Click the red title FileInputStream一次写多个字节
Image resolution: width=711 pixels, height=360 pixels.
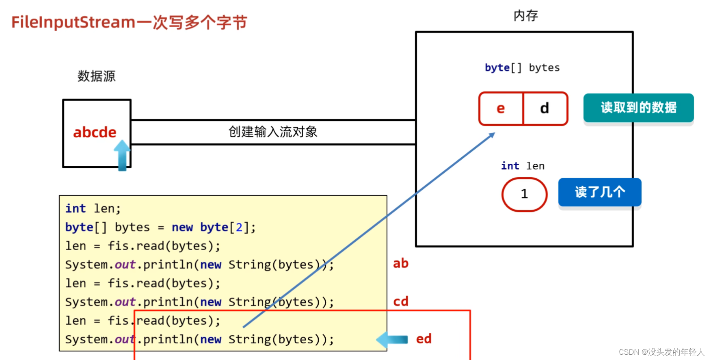[129, 22]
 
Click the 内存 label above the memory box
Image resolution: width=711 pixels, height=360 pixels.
[525, 16]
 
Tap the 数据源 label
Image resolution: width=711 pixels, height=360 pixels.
[97, 76]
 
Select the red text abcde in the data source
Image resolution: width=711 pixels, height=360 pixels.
[95, 132]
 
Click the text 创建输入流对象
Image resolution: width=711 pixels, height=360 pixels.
[273, 132]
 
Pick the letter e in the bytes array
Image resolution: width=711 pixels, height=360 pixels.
[501, 108]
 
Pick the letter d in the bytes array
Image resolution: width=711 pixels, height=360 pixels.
[545, 108]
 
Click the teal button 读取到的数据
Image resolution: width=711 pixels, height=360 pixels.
[638, 108]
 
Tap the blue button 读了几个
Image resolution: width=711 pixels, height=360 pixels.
[600, 192]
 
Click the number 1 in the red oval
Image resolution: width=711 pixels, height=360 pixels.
[524, 194]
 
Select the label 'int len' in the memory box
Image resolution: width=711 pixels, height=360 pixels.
[523, 166]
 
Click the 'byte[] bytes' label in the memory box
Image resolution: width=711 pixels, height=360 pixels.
[522, 67]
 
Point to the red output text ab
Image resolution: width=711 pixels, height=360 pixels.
[401, 263]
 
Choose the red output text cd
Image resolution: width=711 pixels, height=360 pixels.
[401, 301]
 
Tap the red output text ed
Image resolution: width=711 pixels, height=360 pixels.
[424, 339]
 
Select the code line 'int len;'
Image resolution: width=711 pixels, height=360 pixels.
[93, 208]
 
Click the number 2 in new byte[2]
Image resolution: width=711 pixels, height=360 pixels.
[239, 227]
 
